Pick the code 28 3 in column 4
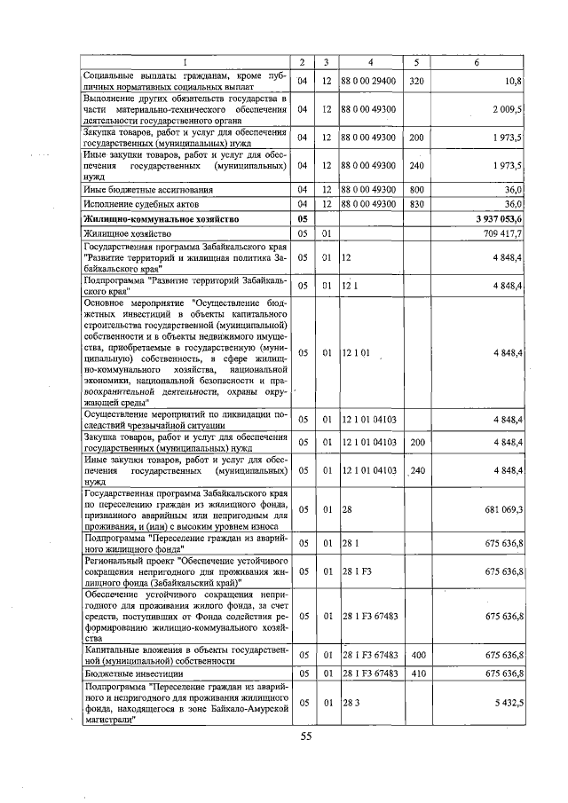coord(348,703)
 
